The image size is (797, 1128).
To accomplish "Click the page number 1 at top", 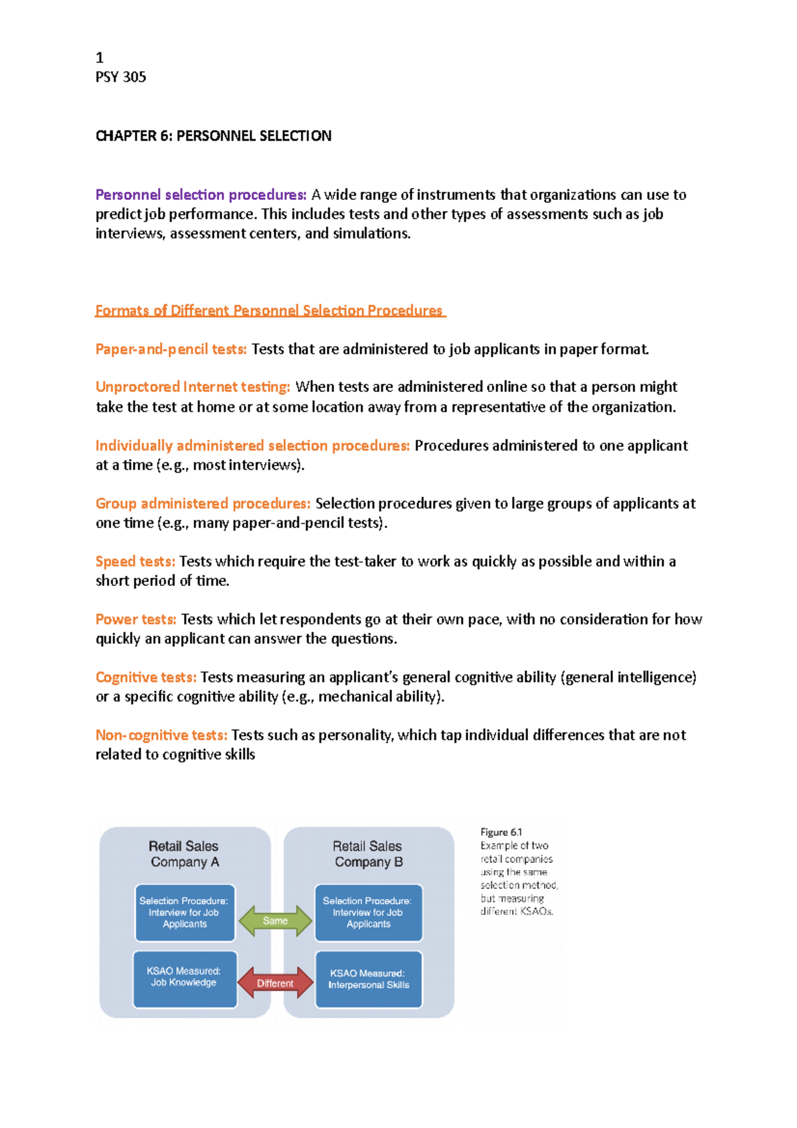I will pyautogui.click(x=100, y=58).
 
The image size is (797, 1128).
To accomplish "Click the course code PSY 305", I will pyautogui.click(x=121, y=77).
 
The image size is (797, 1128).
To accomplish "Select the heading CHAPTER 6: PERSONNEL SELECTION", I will pyautogui.click(x=213, y=136).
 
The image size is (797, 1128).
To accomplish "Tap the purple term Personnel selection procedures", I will pyautogui.click(x=201, y=195).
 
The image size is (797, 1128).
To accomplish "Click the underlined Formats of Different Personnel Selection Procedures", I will pyautogui.click(x=270, y=310).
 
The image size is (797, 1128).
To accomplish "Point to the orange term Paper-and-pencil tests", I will pyautogui.click(x=171, y=349).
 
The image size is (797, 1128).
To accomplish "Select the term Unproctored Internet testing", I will pyautogui.click(x=193, y=387).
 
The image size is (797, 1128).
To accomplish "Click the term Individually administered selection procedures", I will pyautogui.click(x=252, y=445).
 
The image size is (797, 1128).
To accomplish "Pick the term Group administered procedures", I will pyautogui.click(x=203, y=503).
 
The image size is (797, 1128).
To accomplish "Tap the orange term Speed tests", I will pyautogui.click(x=135, y=561).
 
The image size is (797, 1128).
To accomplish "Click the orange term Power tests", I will pyautogui.click(x=135, y=619).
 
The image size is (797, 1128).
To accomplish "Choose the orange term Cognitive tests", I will pyautogui.click(x=145, y=677).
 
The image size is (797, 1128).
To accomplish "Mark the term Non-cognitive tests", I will pyautogui.click(x=161, y=735).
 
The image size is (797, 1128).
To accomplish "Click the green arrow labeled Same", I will pyautogui.click(x=275, y=921).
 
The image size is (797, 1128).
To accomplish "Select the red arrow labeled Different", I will pyautogui.click(x=275, y=983).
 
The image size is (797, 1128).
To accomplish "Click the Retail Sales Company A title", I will pyautogui.click(x=184, y=854).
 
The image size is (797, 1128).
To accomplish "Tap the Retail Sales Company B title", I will pyautogui.click(x=368, y=854).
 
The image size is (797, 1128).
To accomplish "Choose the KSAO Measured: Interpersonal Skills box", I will pyautogui.click(x=369, y=979).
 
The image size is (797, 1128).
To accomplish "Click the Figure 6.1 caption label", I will pyautogui.click(x=501, y=832).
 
